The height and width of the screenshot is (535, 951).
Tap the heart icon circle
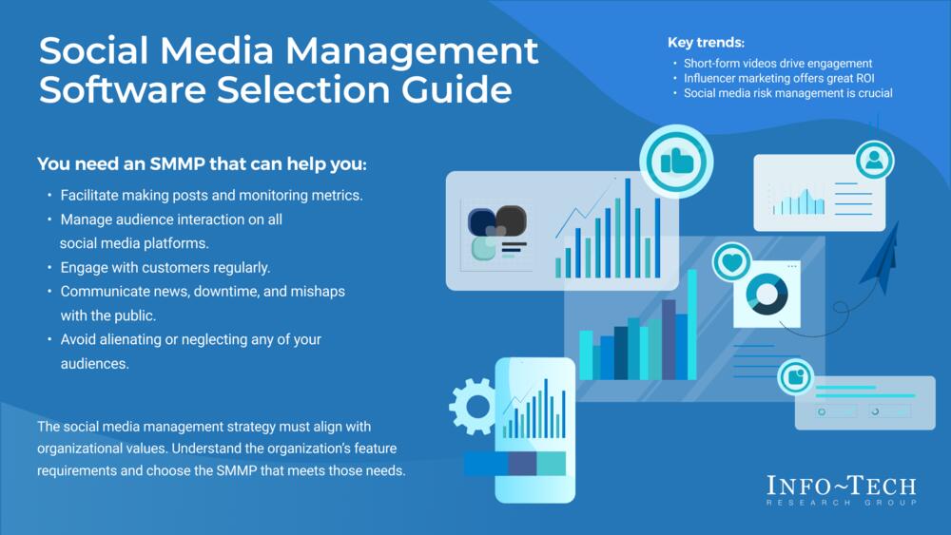[731, 261]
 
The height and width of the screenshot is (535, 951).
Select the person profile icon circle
[874, 160]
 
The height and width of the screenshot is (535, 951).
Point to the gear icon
[472, 406]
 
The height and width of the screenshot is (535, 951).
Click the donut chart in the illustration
[766, 293]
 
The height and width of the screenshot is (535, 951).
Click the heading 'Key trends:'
[706, 43]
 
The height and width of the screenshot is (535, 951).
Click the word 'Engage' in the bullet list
[85, 267]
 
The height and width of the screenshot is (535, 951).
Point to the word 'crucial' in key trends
[871, 93]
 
